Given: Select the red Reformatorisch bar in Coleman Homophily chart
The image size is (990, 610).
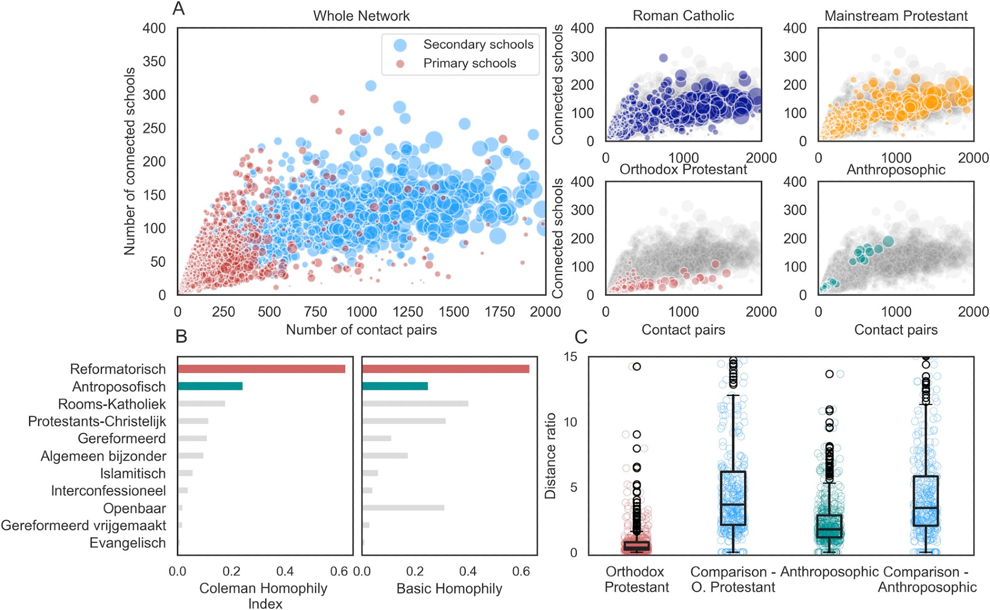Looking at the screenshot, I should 261,369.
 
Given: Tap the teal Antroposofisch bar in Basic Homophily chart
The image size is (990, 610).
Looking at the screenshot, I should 395,386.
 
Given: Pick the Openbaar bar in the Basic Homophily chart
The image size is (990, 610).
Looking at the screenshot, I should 403,508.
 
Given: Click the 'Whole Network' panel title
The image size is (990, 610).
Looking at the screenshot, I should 361,16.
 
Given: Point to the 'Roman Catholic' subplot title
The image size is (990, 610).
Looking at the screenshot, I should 683,16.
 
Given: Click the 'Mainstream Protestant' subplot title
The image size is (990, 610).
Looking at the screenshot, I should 895,16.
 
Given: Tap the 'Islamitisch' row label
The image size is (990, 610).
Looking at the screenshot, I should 133,473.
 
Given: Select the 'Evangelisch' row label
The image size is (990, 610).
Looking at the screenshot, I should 127,543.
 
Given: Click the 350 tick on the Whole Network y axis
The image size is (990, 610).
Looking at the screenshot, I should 154,61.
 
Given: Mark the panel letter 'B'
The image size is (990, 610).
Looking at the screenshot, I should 181,337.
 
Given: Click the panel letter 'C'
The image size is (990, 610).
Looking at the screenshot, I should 581,337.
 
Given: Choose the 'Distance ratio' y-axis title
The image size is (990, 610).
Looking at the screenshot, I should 550,456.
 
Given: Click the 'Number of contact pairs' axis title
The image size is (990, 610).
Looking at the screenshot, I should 361,330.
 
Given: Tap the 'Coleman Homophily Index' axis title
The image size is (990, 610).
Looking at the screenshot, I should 263,596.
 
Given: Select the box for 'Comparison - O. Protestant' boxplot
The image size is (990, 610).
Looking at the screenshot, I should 733,498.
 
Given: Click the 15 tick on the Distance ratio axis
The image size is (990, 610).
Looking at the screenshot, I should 570,357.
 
